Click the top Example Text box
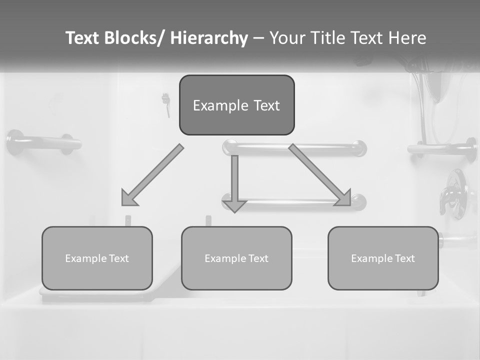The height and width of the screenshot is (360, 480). pyautogui.click(x=236, y=105)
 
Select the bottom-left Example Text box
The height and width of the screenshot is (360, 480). pyautogui.click(x=97, y=258)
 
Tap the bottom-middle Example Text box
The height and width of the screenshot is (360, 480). pyautogui.click(x=236, y=258)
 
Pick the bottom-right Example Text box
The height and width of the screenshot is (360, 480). pyautogui.click(x=383, y=258)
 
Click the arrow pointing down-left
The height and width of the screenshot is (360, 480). pyautogui.click(x=152, y=175)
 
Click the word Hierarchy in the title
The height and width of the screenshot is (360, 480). pyautogui.click(x=209, y=38)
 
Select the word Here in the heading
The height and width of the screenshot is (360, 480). pyautogui.click(x=407, y=38)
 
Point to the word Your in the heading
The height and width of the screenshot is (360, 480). pyautogui.click(x=287, y=38)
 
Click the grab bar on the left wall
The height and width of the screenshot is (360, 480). pyautogui.click(x=44, y=143)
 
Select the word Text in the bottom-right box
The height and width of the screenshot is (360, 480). pyautogui.click(x=404, y=258)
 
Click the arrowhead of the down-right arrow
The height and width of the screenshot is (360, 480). pyautogui.click(x=344, y=198)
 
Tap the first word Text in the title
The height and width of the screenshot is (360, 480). pyautogui.click(x=83, y=38)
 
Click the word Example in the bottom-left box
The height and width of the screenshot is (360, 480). pyautogui.click(x=86, y=258)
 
